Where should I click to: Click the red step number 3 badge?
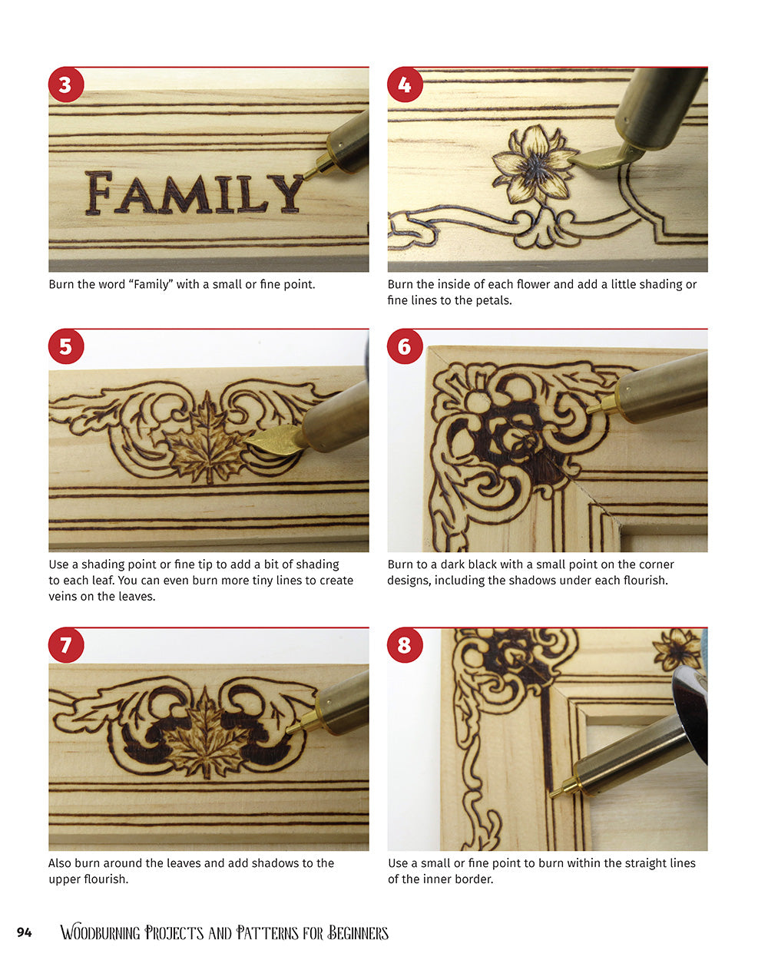coord(65,84)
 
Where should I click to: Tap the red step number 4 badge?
coord(405,84)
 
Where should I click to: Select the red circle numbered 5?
coord(65,346)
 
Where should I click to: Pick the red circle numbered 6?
coord(405,346)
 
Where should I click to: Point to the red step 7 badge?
coord(65,645)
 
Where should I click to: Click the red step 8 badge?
coord(405,645)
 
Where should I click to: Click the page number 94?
coord(24,933)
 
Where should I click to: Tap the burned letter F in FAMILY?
coord(98,194)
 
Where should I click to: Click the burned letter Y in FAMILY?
coord(285,194)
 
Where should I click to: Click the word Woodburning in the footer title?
coord(100,933)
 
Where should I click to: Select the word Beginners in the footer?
coord(359,933)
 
